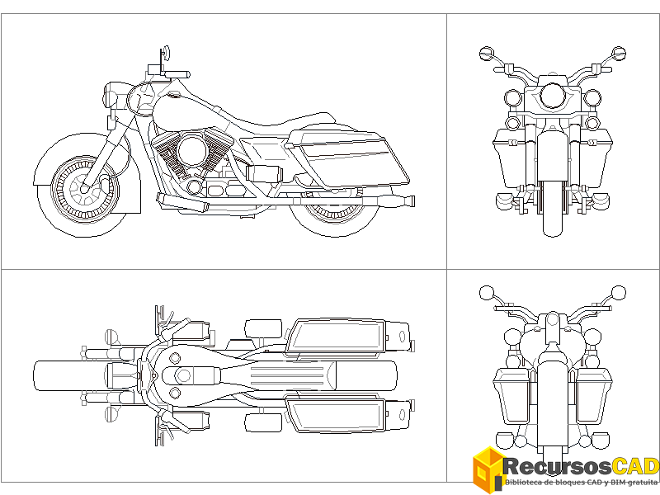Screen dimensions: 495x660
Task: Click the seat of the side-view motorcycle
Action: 272,129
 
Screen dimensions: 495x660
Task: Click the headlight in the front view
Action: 553,97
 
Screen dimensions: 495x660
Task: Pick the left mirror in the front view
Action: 486,54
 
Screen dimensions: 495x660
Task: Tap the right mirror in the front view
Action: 620,54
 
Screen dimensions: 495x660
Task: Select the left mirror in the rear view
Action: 486,292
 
